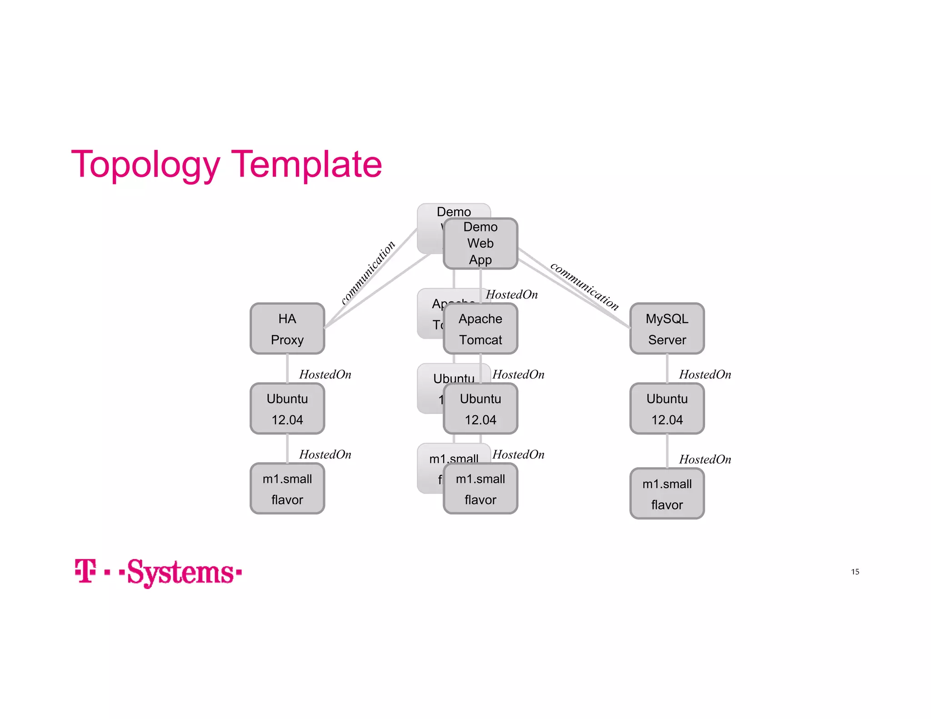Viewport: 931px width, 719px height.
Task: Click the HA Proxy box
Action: [x=287, y=329]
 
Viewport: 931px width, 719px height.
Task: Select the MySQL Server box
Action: [x=666, y=329]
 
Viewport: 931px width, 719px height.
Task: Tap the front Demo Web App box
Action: [x=480, y=244]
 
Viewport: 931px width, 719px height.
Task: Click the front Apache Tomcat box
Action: [x=480, y=329]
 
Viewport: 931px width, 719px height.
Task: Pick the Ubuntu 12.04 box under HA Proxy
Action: [x=287, y=409]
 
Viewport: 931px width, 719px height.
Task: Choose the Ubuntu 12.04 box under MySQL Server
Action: [x=666, y=409]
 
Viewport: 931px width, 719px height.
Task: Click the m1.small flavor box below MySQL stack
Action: [x=666, y=494]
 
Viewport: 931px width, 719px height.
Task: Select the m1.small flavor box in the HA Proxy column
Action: [x=287, y=489]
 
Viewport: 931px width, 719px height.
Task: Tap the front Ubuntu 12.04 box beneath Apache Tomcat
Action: [x=480, y=409]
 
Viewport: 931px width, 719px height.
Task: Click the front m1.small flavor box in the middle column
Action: [x=480, y=489]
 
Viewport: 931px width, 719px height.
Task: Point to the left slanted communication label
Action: [x=368, y=272]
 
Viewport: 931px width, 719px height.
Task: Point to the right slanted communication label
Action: [x=584, y=286]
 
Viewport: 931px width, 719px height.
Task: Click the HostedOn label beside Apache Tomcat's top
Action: [x=511, y=295]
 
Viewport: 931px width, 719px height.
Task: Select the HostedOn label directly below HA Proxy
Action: [x=325, y=374]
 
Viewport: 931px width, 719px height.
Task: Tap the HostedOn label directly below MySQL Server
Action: [x=705, y=374]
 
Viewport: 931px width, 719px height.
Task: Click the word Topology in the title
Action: [x=145, y=165]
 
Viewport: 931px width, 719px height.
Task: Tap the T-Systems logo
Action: [x=158, y=572]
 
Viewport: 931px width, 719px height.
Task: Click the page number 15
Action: [x=855, y=572]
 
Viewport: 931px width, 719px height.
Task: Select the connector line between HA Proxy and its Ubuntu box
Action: [x=287, y=368]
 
